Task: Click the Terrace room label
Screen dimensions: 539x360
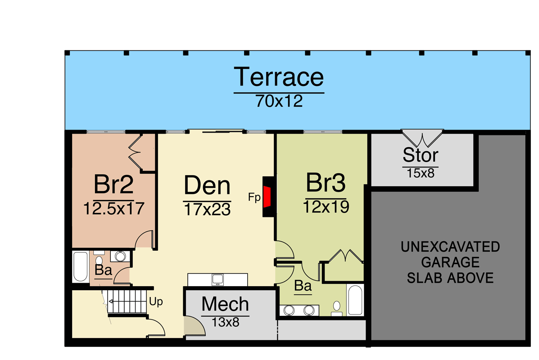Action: click(x=279, y=77)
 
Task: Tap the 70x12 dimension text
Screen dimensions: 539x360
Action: click(x=279, y=101)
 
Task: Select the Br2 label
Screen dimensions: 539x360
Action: click(x=113, y=184)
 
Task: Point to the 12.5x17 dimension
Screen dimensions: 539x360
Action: click(x=114, y=208)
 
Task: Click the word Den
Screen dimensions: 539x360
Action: click(x=207, y=185)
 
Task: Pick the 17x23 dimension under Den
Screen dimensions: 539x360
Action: click(x=207, y=210)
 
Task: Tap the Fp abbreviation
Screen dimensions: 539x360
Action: click(x=254, y=198)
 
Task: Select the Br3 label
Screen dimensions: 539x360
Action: click(x=326, y=182)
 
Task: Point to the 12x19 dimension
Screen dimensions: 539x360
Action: click(x=326, y=207)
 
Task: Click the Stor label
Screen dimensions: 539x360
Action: click(x=421, y=155)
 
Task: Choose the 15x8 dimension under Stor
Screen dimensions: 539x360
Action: click(x=421, y=173)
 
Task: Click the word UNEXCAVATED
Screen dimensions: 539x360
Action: click(x=450, y=247)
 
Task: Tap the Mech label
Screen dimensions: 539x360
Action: click(x=225, y=304)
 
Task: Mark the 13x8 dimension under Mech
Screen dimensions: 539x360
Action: click(x=225, y=322)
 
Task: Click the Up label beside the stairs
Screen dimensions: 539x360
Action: click(x=156, y=301)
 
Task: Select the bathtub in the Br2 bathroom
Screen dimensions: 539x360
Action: click(x=81, y=267)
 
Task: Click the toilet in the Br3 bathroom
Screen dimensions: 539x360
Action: click(x=337, y=308)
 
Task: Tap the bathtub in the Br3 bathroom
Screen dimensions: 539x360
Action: click(x=355, y=300)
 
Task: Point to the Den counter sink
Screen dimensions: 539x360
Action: click(x=217, y=279)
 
